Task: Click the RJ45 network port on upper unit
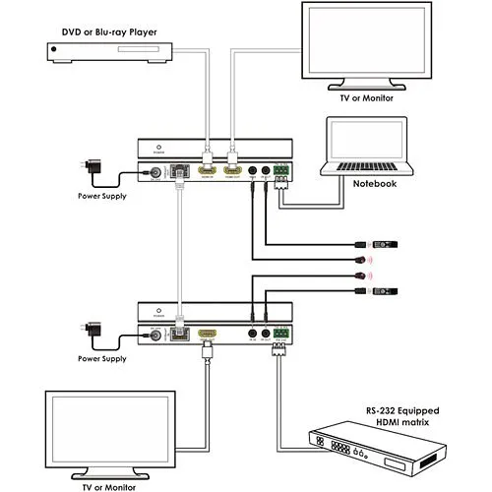[180, 172]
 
